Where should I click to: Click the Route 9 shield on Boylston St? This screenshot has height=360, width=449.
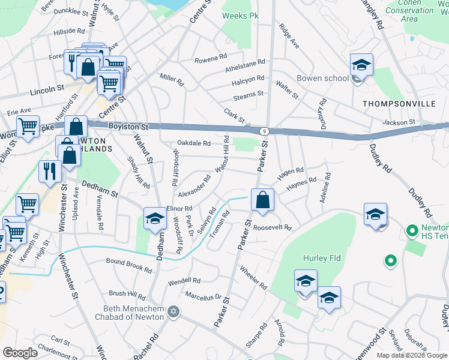coord(264,131)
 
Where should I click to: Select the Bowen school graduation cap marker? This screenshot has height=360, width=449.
coord(362,65)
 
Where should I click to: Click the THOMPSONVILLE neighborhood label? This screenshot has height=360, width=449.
coord(399,104)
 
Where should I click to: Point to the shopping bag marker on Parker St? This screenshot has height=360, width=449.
coord(263,200)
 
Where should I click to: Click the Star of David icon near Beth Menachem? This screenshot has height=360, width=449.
coord(174,311)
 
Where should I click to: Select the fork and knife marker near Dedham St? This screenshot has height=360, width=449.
coord(50,171)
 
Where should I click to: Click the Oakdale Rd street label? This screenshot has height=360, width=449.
coord(194,143)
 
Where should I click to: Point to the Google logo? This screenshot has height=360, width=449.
coord(20,353)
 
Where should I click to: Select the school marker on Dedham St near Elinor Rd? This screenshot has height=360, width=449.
coord(155,219)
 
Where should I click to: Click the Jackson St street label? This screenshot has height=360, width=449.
coord(400,122)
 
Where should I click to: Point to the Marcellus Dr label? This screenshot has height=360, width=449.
coord(204,295)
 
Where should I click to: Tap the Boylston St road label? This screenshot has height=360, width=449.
coord(128,127)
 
